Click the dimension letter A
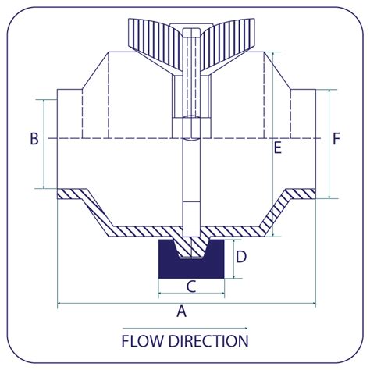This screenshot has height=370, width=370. coord(182,311)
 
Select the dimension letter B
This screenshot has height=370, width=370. coord(34,139)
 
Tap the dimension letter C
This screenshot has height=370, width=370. coord(190,286)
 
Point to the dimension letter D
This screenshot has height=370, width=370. coord(241,256)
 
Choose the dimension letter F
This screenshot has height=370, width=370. coord(336,139)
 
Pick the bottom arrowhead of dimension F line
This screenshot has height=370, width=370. coord(331,196)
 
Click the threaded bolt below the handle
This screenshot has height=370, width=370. coord(191,86)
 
